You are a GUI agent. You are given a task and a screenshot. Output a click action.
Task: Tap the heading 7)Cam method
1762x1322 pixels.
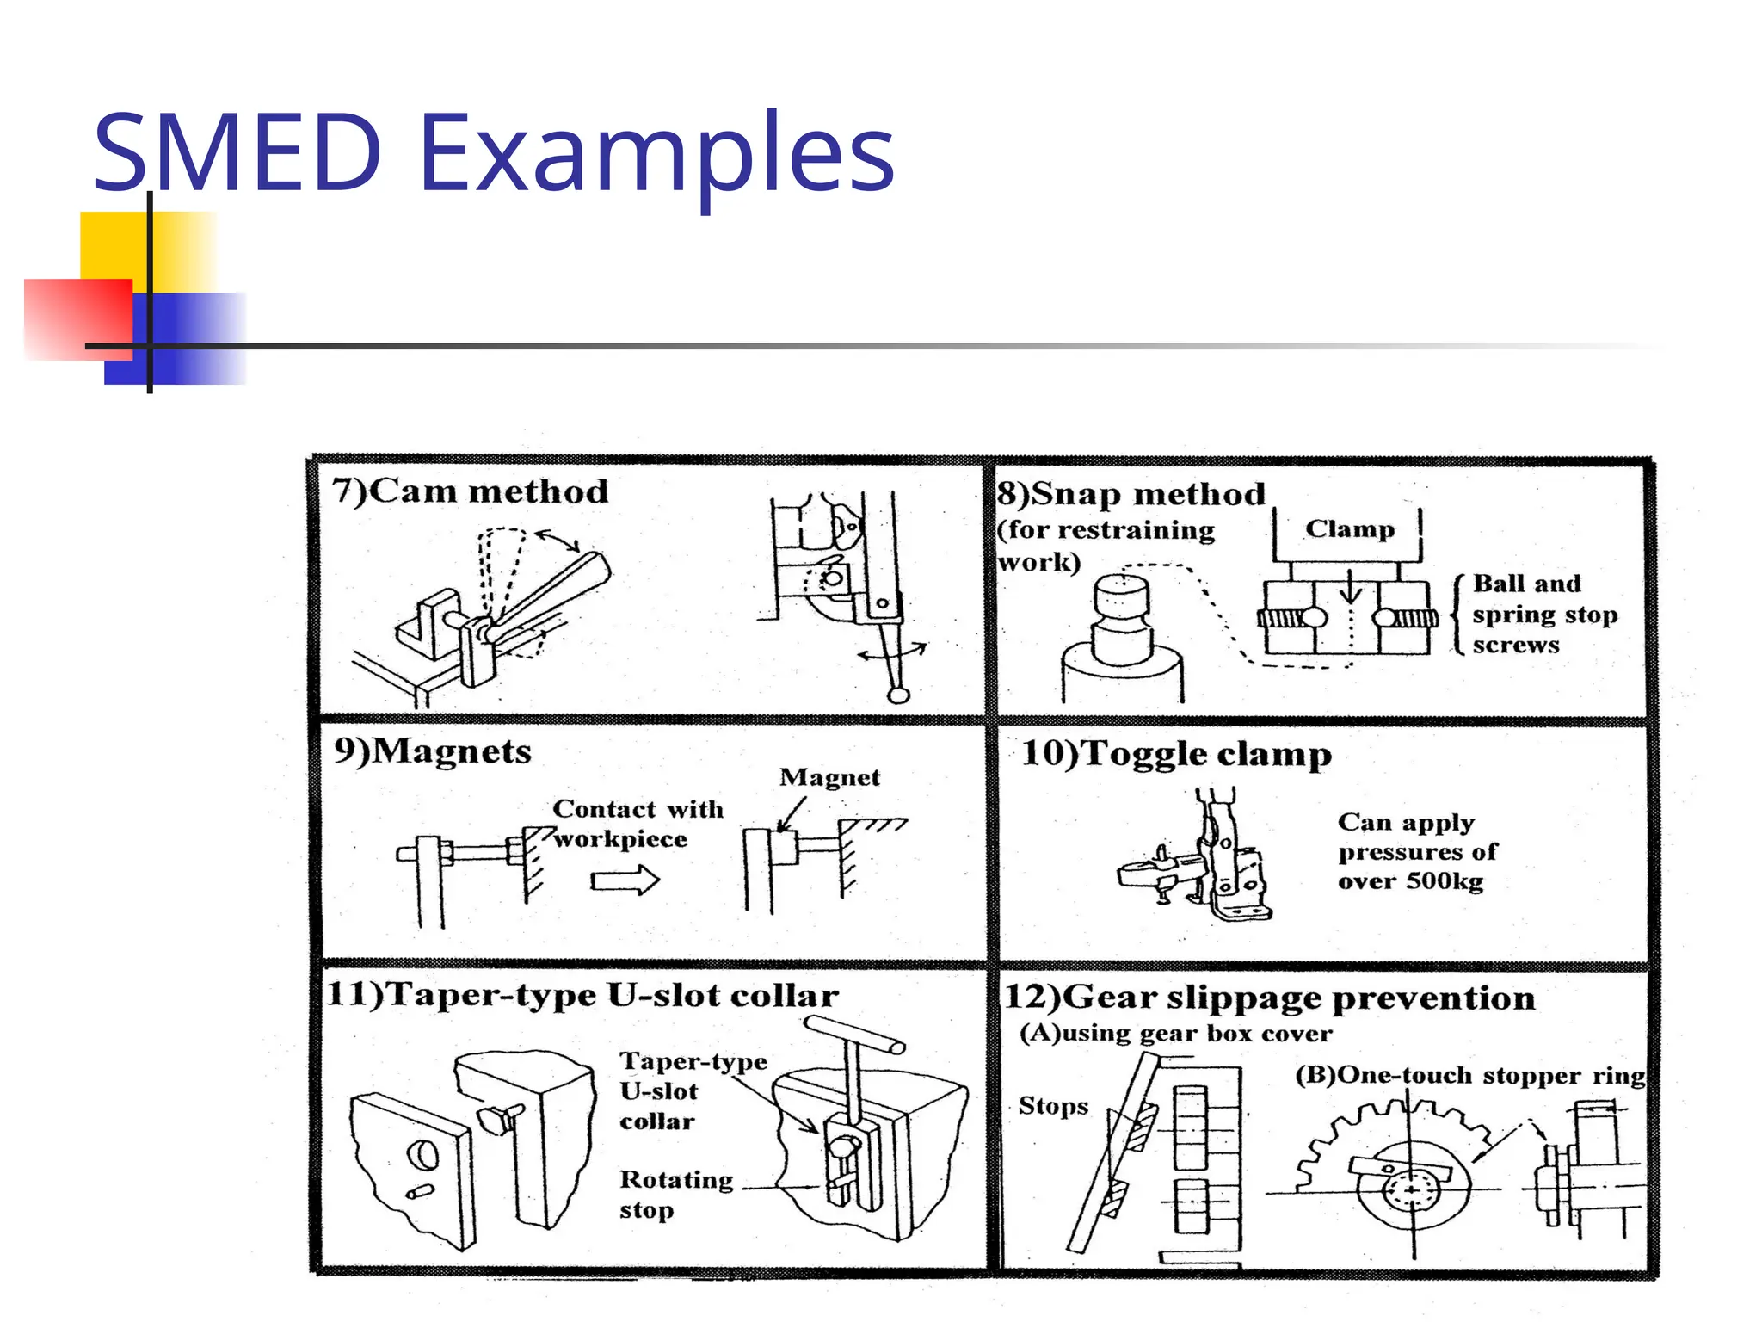coord(470,491)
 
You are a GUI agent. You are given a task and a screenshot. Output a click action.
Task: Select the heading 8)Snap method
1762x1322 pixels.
coord(1131,494)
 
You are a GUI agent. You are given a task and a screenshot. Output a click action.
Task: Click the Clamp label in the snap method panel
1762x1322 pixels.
coord(1349,528)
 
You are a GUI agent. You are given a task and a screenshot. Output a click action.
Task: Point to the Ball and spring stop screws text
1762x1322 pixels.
coord(1543,614)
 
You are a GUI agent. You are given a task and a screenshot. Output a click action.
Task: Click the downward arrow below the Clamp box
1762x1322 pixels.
coord(1350,588)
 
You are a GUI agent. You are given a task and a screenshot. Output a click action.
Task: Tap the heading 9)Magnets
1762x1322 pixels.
coord(433,751)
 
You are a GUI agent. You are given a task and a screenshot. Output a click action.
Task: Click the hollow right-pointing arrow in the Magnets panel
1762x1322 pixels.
coord(625,880)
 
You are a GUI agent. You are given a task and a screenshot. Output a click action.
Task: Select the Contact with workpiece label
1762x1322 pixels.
coord(637,824)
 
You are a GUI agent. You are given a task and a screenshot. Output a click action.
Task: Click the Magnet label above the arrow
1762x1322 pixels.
coord(829,777)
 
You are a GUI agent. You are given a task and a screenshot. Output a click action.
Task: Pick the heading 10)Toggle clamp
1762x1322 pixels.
coord(1176,754)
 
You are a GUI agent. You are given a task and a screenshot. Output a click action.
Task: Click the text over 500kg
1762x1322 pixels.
coord(1410,881)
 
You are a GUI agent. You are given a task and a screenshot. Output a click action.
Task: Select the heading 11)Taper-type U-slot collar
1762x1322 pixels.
coord(582,995)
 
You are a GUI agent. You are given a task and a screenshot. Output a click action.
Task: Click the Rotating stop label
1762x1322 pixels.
coord(675,1195)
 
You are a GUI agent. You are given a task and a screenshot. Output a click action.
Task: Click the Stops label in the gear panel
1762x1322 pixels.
coord(1053,1106)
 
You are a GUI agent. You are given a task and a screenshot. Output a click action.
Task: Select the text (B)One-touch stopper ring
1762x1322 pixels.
coord(1469,1076)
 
